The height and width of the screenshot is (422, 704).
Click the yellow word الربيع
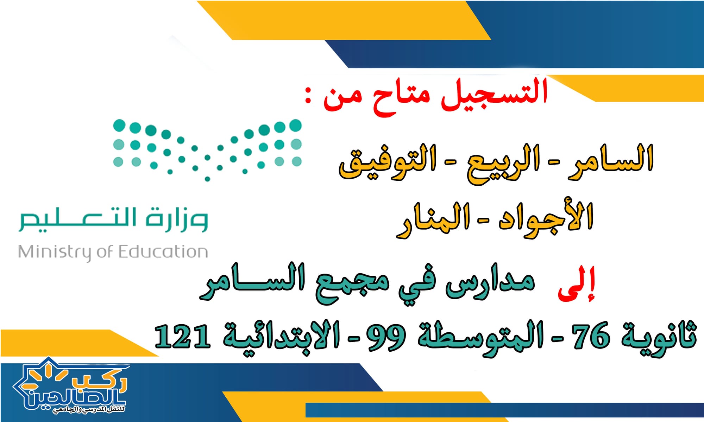click(503, 163)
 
